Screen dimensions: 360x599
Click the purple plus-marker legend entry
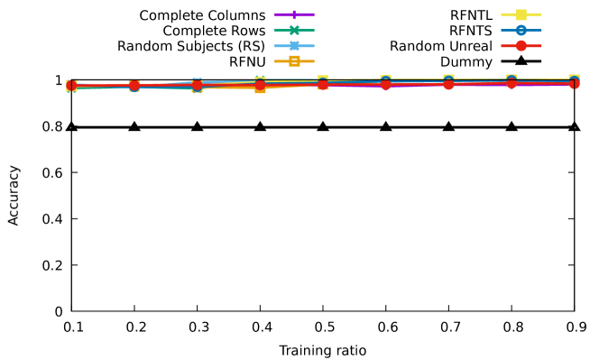pyautogui.click(x=294, y=14)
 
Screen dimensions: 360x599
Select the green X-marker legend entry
pyautogui.click(x=294, y=30)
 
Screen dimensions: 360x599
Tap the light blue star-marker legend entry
pyautogui.click(x=294, y=45)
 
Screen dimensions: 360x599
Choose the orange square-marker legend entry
pyautogui.click(x=294, y=61)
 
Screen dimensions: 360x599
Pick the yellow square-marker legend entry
pyautogui.click(x=521, y=14)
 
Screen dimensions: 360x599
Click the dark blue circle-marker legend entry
pyautogui.click(x=521, y=30)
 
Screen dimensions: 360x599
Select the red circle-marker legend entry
pyautogui.click(x=521, y=45)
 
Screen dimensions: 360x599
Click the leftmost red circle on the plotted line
pyautogui.click(x=71, y=86)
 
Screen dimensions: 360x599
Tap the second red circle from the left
pyautogui.click(x=134, y=86)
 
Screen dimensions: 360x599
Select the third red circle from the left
pyautogui.click(x=197, y=85)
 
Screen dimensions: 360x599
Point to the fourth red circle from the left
pyautogui.click(x=260, y=85)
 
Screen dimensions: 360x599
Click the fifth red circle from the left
pyautogui.click(x=323, y=84)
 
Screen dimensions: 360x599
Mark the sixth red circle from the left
pyautogui.click(x=386, y=84)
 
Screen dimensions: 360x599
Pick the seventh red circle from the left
pyautogui.click(x=448, y=84)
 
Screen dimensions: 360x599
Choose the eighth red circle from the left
pyautogui.click(x=511, y=83)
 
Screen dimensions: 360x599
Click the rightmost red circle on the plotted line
pyautogui.click(x=574, y=84)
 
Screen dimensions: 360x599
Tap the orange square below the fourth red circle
pyautogui.click(x=260, y=89)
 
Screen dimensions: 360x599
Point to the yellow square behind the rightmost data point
pyautogui.click(x=575, y=78)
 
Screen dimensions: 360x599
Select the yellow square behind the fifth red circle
pyautogui.click(x=323, y=79)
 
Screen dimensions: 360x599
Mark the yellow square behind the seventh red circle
pyautogui.click(x=448, y=78)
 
